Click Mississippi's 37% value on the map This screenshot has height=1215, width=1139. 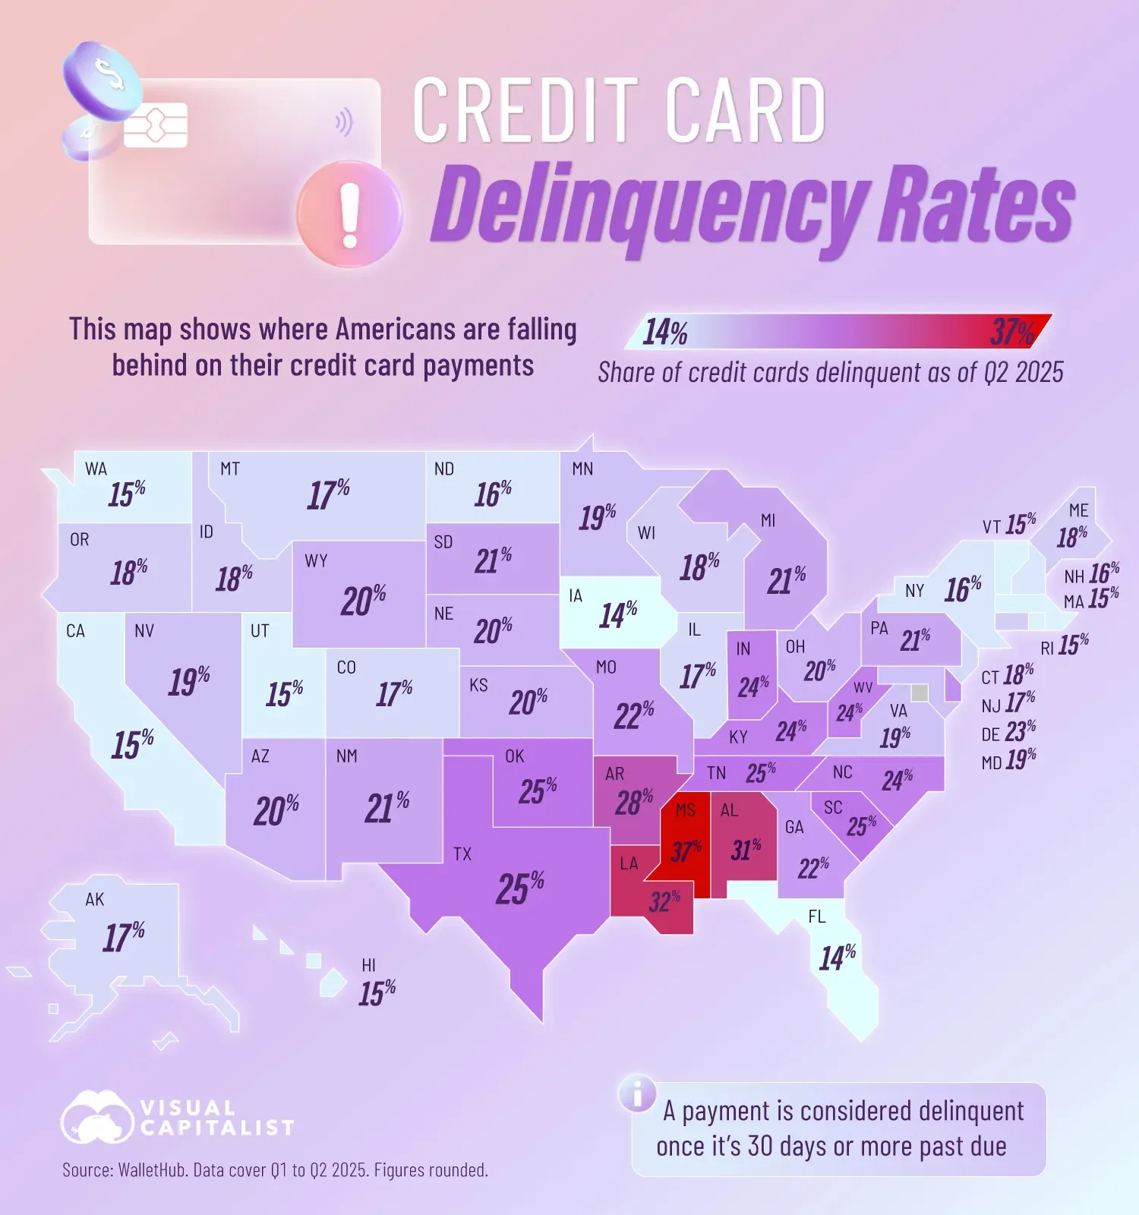tap(686, 850)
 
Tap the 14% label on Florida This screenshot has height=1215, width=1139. tap(837, 958)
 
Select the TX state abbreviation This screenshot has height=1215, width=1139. tap(462, 854)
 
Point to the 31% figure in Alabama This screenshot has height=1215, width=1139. tap(746, 850)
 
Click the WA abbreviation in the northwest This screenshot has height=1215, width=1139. tap(96, 469)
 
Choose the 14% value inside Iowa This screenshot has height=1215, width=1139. tap(617, 614)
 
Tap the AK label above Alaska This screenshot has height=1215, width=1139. tap(95, 900)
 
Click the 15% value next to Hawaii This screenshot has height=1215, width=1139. tap(377, 993)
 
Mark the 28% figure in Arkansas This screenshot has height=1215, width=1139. tap(633, 802)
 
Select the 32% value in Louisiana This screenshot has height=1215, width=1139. tap(664, 901)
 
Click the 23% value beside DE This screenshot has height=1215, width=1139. tap(1020, 732)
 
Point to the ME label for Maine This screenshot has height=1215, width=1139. tap(1078, 510)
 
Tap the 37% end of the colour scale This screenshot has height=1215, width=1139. tap(1012, 332)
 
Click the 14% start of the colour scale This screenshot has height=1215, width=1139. tap(665, 333)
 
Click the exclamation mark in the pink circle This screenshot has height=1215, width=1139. tap(349, 216)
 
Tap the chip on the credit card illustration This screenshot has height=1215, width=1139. tap(156, 125)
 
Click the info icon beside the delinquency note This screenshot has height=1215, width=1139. tap(638, 1094)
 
